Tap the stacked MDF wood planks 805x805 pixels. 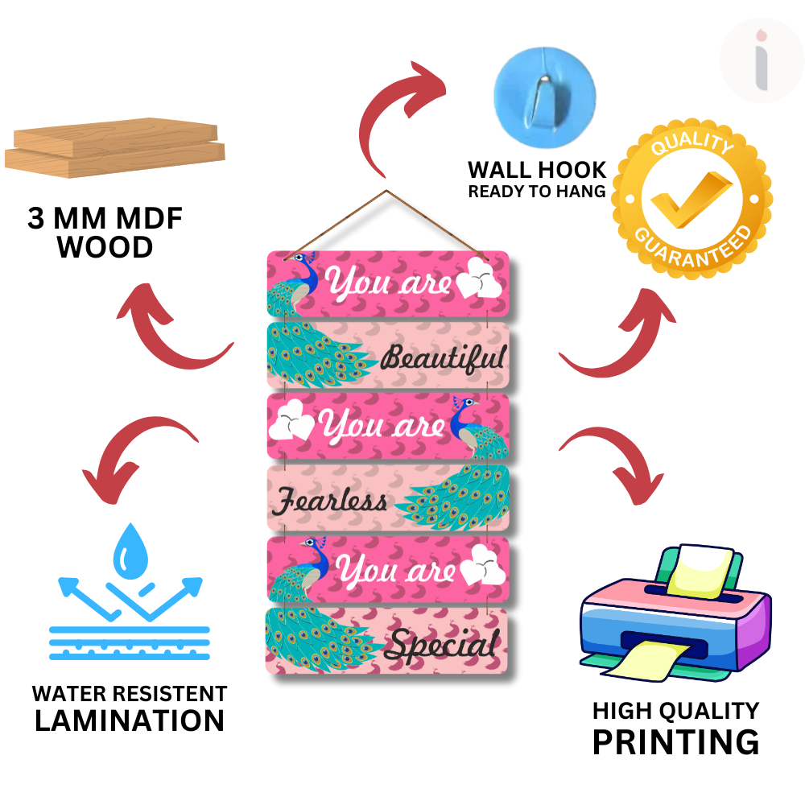click(x=115, y=146)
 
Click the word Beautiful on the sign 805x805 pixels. click(x=443, y=357)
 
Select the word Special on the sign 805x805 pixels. click(x=440, y=644)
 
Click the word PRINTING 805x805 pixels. click(x=675, y=741)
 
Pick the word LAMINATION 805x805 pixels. click(x=130, y=720)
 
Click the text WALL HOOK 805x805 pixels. click(x=537, y=170)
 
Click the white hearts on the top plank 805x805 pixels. click(x=479, y=277)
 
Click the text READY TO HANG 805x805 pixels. click(x=537, y=192)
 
